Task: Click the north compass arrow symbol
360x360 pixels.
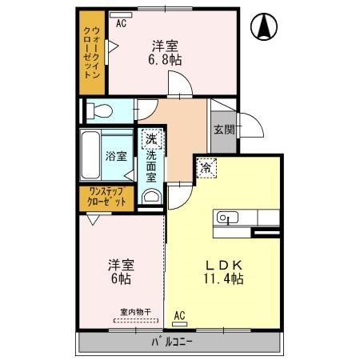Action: pos(262,28)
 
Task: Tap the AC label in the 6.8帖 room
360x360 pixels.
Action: pos(121,23)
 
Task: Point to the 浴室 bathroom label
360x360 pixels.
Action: pos(117,157)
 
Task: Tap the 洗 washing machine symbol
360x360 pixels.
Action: pos(151,140)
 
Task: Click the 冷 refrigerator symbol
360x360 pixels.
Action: pos(206,168)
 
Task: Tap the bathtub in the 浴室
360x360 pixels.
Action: pos(90,156)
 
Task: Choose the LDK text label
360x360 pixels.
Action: pos(222,263)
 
